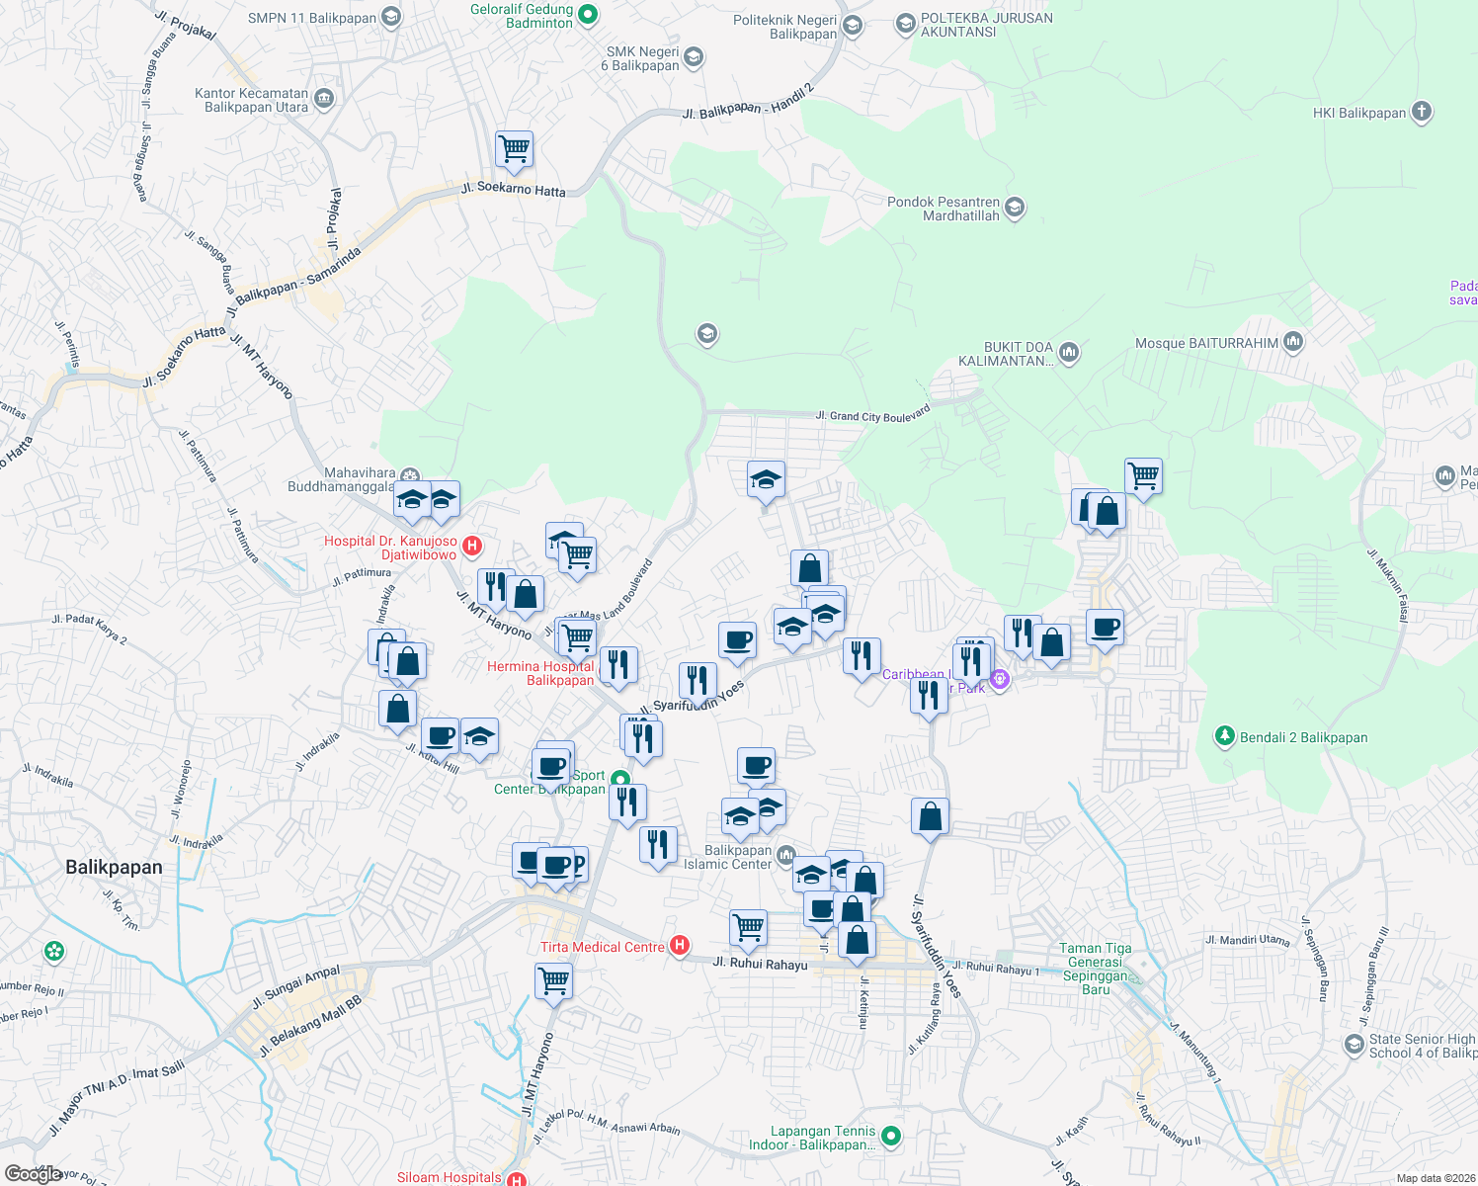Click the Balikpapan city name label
pos(114,867)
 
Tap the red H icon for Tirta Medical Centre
pos(680,946)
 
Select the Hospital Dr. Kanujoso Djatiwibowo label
pos(391,548)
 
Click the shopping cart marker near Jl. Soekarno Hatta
pos(514,150)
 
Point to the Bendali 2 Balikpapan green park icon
pos(1225,736)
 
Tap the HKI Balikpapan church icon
pos(1422,112)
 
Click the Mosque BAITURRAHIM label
pos(1206,343)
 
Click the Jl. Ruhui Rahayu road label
pos(760,964)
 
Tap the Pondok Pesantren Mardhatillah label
pos(944,209)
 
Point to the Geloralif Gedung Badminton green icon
pos(588,14)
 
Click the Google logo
pos(33,1174)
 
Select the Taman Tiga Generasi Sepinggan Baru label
pos(1096,969)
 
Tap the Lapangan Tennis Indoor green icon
pos(890,1137)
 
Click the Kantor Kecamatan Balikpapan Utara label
pos(252,100)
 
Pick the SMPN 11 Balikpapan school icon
pos(391,17)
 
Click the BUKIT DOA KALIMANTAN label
pos(1006,354)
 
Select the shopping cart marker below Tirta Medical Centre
pos(553,982)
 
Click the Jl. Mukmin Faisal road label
pos(1385,586)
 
